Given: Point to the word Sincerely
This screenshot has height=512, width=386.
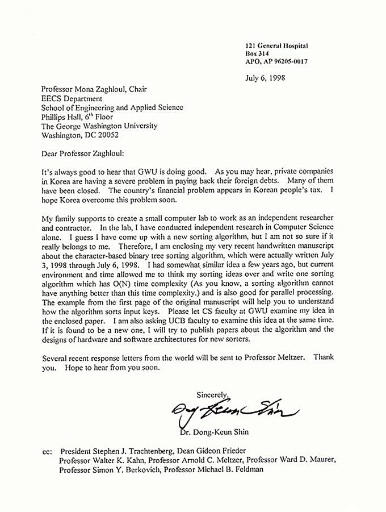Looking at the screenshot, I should pyautogui.click(x=212, y=394).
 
